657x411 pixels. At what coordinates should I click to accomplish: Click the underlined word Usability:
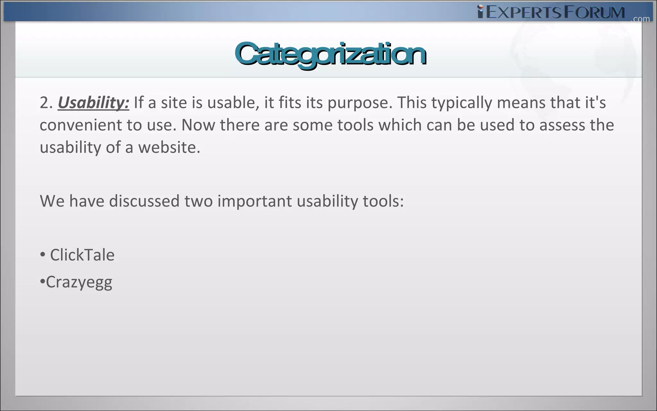(x=93, y=103)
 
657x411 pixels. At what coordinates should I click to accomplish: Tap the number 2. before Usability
(x=46, y=103)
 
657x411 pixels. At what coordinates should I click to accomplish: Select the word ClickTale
(x=82, y=255)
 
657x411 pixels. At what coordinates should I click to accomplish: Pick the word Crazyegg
(x=79, y=282)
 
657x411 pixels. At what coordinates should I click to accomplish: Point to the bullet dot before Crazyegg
(x=42, y=282)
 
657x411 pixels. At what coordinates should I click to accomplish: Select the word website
(x=169, y=147)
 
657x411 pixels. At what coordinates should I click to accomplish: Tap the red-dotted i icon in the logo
(x=480, y=12)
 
